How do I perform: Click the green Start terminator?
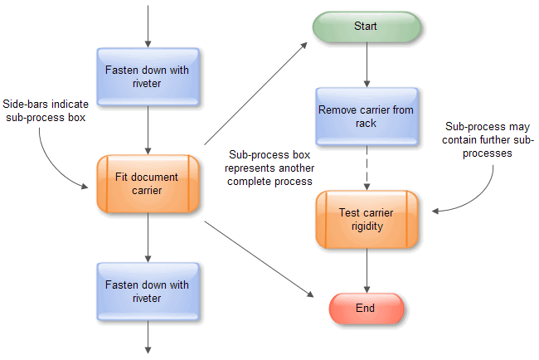click(366, 27)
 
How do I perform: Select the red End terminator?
click(366, 309)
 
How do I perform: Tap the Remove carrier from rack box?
click(366, 116)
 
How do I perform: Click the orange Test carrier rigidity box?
click(366, 219)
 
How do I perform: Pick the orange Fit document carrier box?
click(148, 184)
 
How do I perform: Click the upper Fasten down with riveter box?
click(148, 76)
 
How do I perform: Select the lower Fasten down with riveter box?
click(148, 291)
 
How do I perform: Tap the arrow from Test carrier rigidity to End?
click(366, 270)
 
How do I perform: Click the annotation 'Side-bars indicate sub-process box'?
click(45, 110)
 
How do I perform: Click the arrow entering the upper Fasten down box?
click(148, 25)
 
